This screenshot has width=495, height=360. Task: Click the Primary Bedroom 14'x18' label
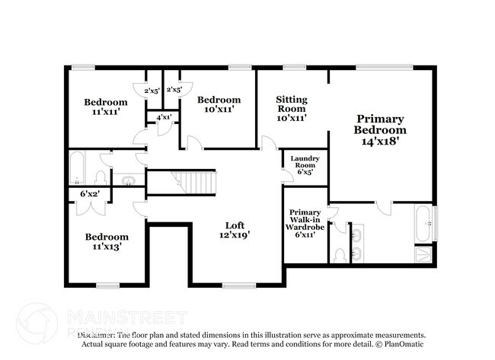click(380, 129)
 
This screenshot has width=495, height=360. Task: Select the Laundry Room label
click(305, 164)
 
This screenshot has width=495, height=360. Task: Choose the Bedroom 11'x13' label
click(106, 241)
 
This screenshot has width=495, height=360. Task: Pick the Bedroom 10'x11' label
click(219, 104)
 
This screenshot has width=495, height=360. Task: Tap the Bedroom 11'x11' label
click(106, 107)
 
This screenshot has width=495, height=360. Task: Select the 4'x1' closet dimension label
click(164, 118)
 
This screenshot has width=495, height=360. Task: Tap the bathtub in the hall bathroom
click(79, 168)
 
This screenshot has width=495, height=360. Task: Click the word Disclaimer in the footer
click(96, 335)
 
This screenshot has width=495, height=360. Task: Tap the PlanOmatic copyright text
click(401, 344)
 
